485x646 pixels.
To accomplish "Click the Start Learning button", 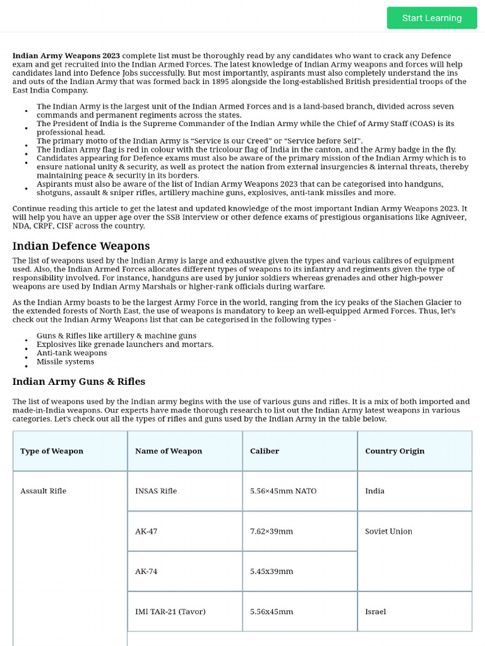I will [x=432, y=18].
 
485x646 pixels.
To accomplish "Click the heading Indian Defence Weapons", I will [x=81, y=246].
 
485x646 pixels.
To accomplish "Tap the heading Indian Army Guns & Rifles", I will [x=79, y=382].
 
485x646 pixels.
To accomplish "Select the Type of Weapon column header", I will [x=52, y=451].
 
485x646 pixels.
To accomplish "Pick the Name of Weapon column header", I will [x=169, y=451].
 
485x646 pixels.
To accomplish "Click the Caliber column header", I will [x=265, y=451].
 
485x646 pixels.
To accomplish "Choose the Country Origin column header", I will [x=395, y=451].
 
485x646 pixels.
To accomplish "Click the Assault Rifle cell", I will [x=43, y=491].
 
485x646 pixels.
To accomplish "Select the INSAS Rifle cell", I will [x=156, y=491].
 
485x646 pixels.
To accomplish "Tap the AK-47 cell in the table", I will [x=146, y=531].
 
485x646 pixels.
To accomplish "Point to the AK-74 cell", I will [x=146, y=572].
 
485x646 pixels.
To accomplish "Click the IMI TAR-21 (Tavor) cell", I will [x=171, y=611].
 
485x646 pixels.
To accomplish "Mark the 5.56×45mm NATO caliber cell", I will [x=284, y=491].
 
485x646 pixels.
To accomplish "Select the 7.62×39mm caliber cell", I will [x=272, y=531].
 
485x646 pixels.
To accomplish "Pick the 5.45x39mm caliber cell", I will [x=272, y=572].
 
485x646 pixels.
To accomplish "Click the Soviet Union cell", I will [x=388, y=531].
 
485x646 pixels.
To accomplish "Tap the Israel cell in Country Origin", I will [x=375, y=611].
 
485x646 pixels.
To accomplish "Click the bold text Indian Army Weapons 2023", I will [x=66, y=56].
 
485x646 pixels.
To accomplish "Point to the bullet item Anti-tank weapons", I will [x=71, y=353].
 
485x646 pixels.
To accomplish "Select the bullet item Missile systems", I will [x=65, y=362].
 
